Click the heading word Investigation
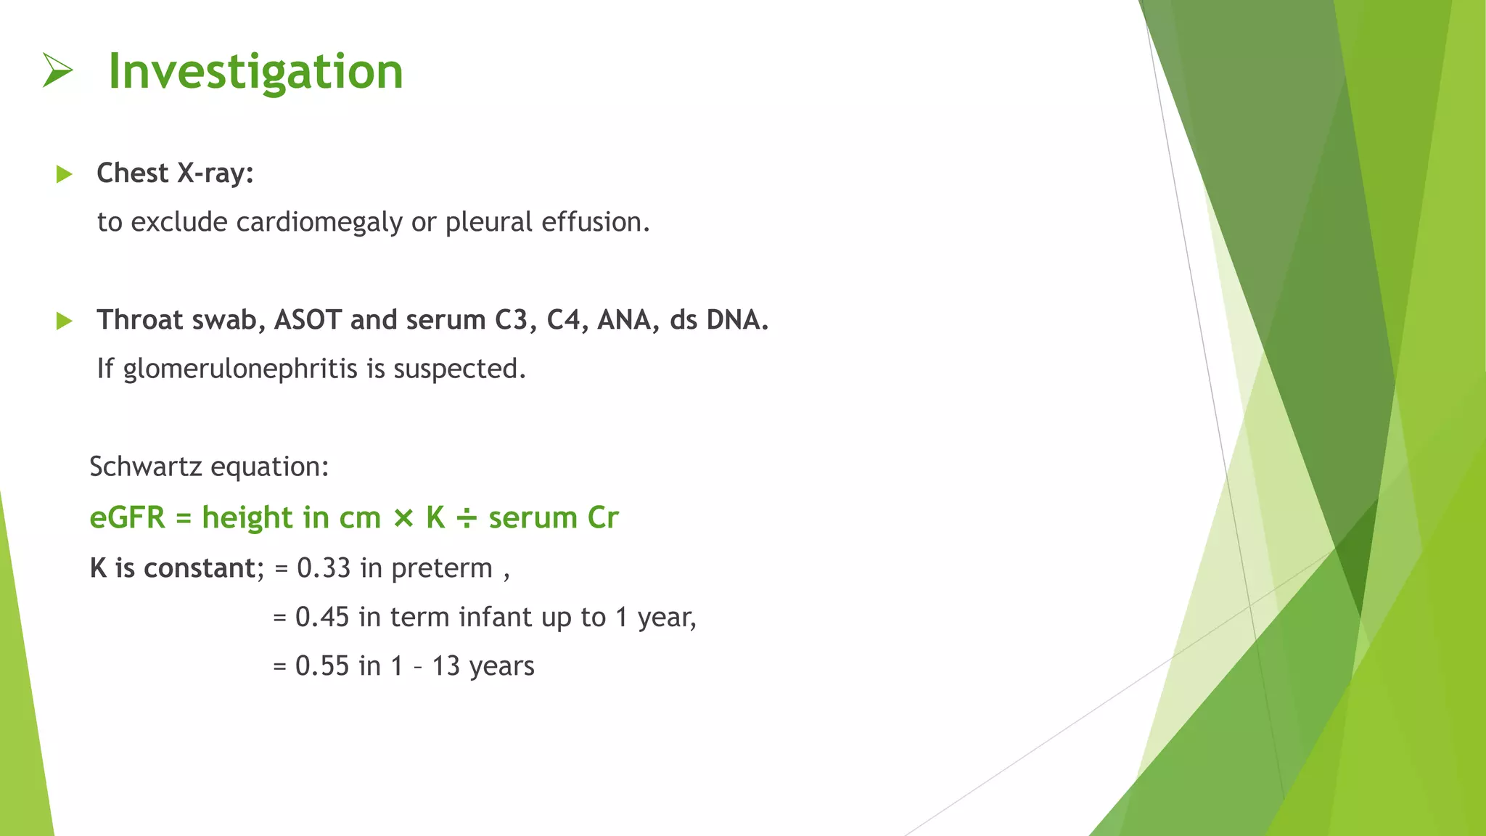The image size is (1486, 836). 255,73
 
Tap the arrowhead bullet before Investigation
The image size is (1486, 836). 58,70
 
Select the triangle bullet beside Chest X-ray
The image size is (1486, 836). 65,174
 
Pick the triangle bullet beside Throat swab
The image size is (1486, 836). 65,321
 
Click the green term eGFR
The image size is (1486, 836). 128,518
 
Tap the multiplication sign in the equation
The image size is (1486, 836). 403,518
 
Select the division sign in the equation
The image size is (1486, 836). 467,518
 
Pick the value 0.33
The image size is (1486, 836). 324,568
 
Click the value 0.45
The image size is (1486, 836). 322,618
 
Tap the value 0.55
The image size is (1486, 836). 322,666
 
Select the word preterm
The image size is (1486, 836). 442,569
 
